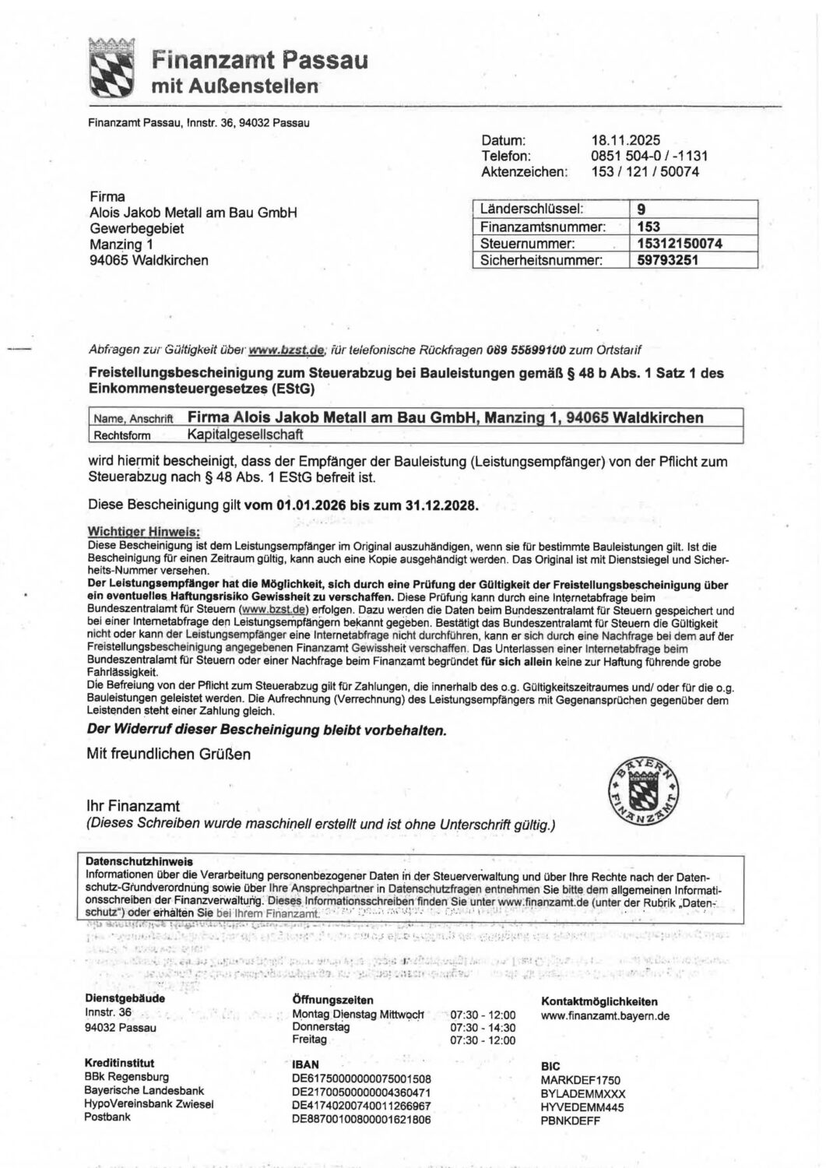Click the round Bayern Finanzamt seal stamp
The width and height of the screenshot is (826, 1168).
tap(642, 792)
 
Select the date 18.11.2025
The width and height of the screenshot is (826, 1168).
tap(625, 141)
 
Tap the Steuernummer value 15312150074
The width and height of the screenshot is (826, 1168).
tap(680, 244)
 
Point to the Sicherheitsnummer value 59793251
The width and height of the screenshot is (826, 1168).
tap(667, 260)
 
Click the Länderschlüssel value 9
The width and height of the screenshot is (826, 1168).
tap(641, 209)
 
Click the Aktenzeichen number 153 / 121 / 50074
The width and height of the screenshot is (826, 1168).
tap(645, 171)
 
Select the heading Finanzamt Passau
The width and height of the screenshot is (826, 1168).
tap(259, 60)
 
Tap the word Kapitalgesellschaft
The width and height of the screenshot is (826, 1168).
tap(246, 435)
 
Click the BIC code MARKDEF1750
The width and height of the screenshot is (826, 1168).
tap(581, 1081)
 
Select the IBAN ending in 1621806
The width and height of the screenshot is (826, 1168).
tap(361, 1119)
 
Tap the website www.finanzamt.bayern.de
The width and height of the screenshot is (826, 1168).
tap(605, 1015)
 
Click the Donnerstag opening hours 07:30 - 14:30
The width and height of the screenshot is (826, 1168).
tap(483, 1027)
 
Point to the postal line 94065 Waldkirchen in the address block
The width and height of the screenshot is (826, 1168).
tap(149, 261)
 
